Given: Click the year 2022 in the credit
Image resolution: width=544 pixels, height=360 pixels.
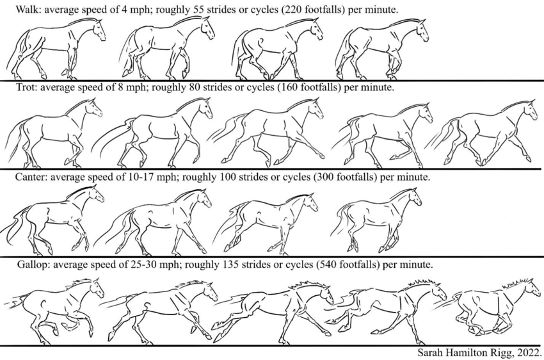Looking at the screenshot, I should (527, 352).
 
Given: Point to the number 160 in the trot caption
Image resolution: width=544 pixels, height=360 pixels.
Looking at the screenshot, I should (287, 88).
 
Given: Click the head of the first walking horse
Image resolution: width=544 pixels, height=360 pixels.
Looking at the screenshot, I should (97, 29).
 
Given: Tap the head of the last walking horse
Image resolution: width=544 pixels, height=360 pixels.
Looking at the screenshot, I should (420, 29).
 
